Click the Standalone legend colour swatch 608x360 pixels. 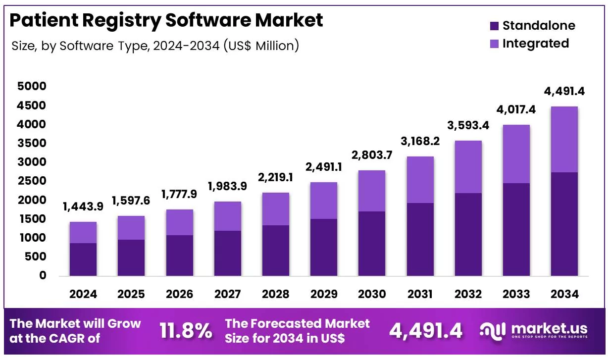pos(494,26)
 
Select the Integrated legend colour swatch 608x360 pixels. pos(494,44)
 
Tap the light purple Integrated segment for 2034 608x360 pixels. pos(564,139)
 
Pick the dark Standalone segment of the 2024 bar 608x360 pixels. pos(83,259)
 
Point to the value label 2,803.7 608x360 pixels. pos(372,155)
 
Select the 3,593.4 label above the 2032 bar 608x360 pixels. pos(468,125)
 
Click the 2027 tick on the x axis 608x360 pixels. pos(227,294)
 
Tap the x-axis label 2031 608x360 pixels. pos(420,294)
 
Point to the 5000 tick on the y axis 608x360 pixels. pos(31,87)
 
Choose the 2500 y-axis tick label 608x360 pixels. pos(31,181)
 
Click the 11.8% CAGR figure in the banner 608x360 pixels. pos(185,331)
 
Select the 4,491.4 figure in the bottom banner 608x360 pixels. pos(426,331)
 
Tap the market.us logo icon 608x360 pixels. pos(493,331)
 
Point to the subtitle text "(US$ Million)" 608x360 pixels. pos(261,46)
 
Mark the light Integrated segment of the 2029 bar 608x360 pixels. pos(324,201)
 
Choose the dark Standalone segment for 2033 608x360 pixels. pos(516,229)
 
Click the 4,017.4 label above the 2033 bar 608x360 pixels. pos(516,109)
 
